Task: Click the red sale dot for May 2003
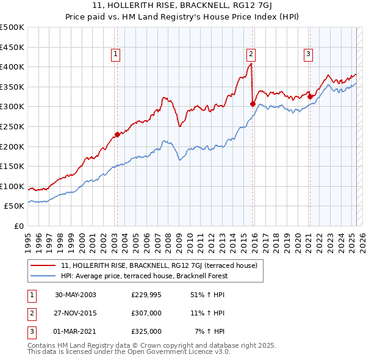pos(117,134)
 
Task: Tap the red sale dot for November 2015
pos(253,104)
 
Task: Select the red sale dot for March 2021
pos(310,96)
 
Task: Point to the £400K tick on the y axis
pos(12,67)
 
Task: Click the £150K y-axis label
pos(12,166)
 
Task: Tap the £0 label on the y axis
pos(19,226)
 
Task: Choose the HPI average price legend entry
pos(144,276)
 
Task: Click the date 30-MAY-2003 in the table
pos(76,295)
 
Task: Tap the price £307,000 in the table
pos(146,313)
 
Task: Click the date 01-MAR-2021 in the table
pos(76,331)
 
